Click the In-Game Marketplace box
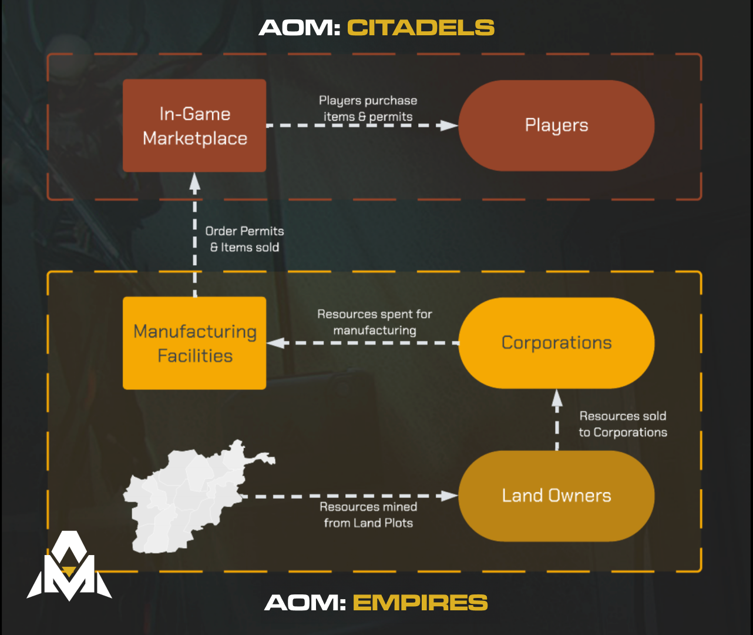point(194,126)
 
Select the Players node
point(556,126)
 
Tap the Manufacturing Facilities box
point(194,343)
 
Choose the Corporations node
point(556,343)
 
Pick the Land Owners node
point(556,496)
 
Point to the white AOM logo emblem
point(69,567)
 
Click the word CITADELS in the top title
point(421,28)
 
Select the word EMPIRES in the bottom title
point(420,603)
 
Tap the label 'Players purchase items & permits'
point(368,109)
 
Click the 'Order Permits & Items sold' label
point(244,239)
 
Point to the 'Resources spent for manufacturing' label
point(375,322)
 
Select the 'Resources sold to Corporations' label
point(623,424)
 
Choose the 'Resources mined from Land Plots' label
point(368,515)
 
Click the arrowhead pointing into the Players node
point(449,125)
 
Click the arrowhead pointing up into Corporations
point(557,399)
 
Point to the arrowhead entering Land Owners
point(449,496)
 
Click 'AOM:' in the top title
point(300,28)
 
